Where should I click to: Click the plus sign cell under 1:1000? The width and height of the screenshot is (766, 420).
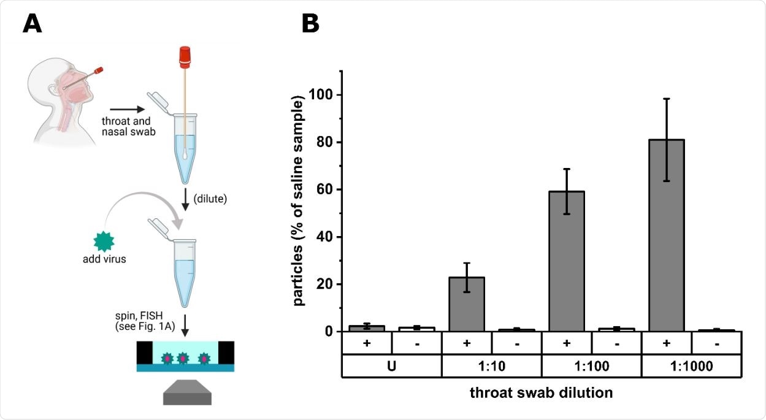(665, 343)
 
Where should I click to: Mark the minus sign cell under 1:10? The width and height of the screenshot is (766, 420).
(516, 343)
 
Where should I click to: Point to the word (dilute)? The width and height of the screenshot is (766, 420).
(210, 198)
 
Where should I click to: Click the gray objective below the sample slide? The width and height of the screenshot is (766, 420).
(187, 392)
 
